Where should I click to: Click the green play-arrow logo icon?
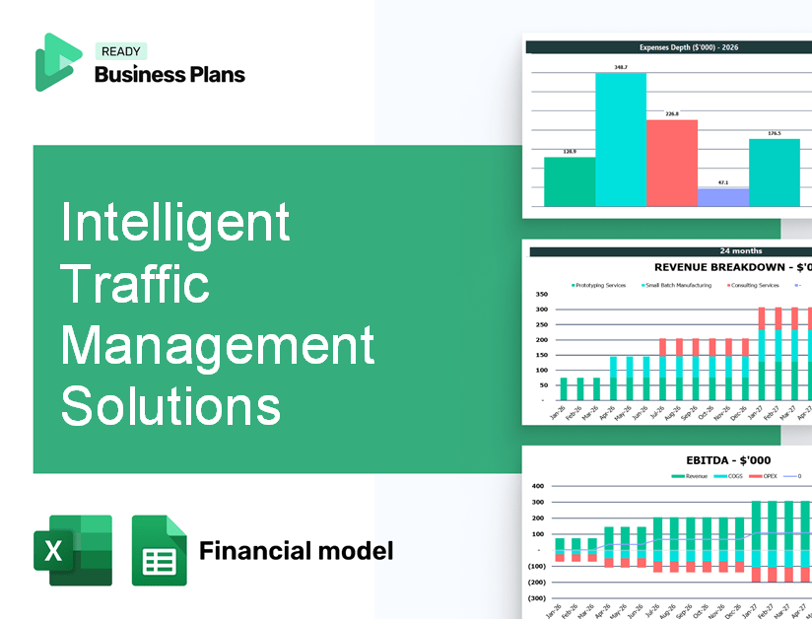pyautogui.click(x=57, y=62)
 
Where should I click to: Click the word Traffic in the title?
pyautogui.click(x=135, y=284)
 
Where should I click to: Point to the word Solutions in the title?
pyautogui.click(x=170, y=406)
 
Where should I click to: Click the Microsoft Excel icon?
pyautogui.click(x=73, y=550)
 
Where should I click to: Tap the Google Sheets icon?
pyautogui.click(x=159, y=551)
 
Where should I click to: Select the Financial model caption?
pyautogui.click(x=296, y=550)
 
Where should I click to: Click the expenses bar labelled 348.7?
pyautogui.click(x=621, y=139)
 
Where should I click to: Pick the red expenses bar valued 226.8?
pyautogui.click(x=671, y=163)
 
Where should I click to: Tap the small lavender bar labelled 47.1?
pyautogui.click(x=722, y=197)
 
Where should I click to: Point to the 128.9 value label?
pyautogui.click(x=569, y=152)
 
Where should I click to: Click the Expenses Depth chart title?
pyautogui.click(x=671, y=46)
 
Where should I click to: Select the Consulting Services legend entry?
pyautogui.click(x=754, y=285)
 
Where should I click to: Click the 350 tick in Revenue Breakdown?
pyautogui.click(x=541, y=295)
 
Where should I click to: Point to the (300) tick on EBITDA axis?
pyautogui.click(x=537, y=598)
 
